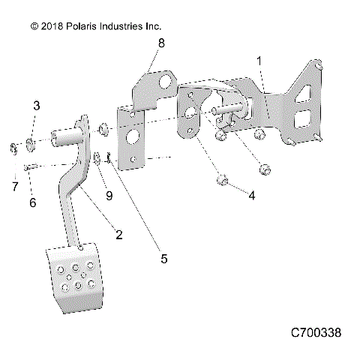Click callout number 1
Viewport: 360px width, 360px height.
259,60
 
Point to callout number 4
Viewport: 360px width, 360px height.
252,196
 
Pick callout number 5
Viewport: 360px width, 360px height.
163,259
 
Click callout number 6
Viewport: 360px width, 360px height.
31,202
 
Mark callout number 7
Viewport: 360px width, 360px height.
13,184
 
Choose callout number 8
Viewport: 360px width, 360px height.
160,45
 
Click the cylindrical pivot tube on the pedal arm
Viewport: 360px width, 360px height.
66,139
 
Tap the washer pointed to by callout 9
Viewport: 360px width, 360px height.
98,157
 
